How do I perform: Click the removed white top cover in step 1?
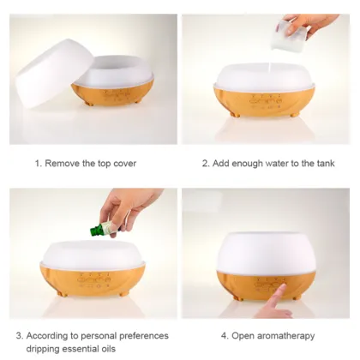click(x=53, y=73)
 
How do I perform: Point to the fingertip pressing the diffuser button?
click(x=282, y=285)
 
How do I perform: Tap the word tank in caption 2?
click(x=326, y=164)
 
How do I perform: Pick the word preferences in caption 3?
click(x=144, y=336)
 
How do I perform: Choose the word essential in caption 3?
click(x=81, y=349)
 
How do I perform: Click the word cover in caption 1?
click(x=124, y=164)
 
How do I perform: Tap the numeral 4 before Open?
click(x=224, y=336)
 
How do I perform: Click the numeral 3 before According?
click(x=19, y=336)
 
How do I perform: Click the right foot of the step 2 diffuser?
click(x=296, y=114)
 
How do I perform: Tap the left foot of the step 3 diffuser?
click(x=60, y=293)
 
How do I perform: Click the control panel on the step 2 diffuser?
click(x=266, y=101)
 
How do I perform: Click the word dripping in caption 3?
click(x=43, y=349)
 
